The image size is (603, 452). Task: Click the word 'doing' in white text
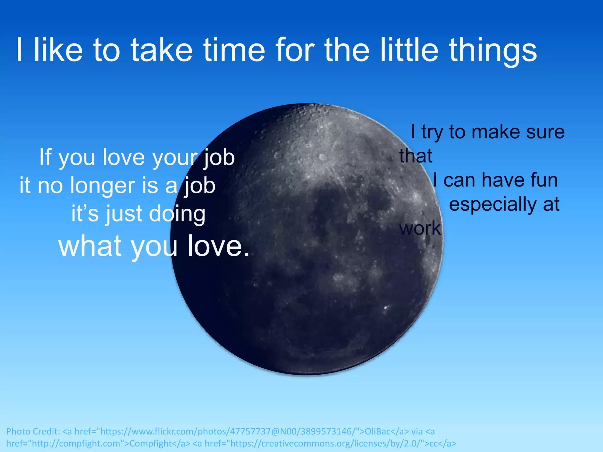(x=177, y=214)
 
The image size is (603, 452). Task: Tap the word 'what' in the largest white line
(x=90, y=245)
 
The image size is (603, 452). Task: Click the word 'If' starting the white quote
(x=46, y=157)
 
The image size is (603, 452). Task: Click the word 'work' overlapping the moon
(x=420, y=228)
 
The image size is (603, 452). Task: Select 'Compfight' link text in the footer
(x=150, y=443)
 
